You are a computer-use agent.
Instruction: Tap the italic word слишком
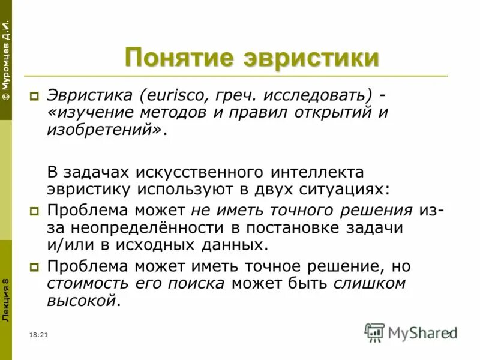coord(370,283)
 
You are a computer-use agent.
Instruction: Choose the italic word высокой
coord(80,301)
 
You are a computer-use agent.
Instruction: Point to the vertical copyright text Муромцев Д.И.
coord(6,61)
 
